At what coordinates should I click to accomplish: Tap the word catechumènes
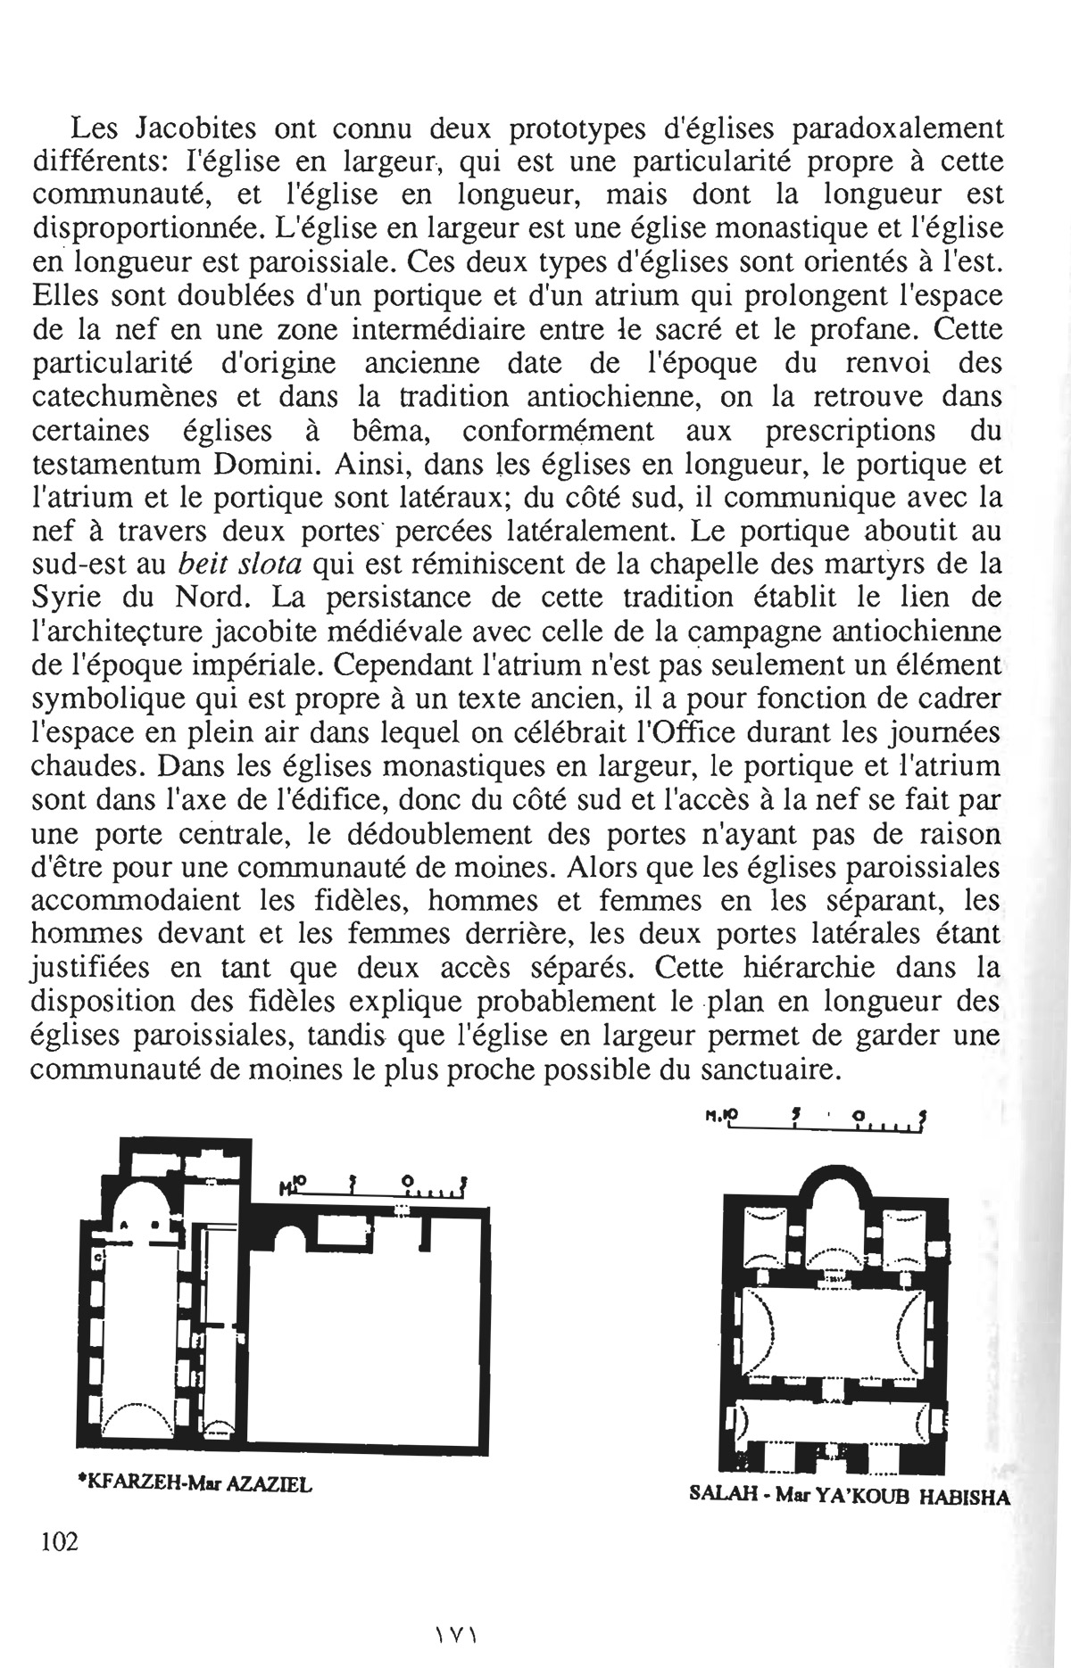(134, 398)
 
